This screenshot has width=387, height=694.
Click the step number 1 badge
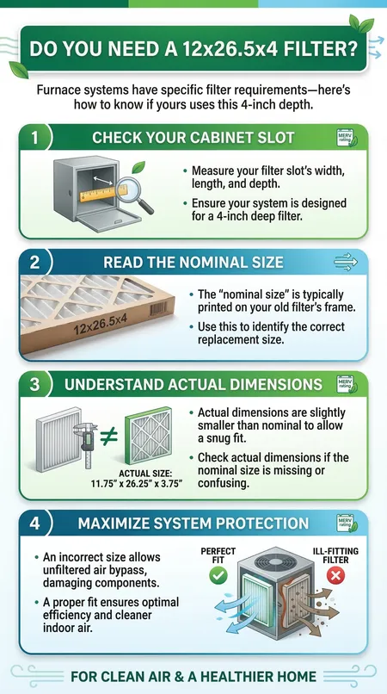point(34,138)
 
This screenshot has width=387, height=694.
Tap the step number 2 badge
point(35,262)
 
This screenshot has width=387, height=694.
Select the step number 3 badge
point(35,384)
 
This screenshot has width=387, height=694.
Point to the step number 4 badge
point(35,523)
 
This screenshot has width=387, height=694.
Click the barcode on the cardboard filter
point(158,308)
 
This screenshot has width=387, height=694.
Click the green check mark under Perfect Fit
point(218,575)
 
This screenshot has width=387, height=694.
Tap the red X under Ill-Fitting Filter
point(337,576)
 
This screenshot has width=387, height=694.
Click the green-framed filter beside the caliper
point(148,435)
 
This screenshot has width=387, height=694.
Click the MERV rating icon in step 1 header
point(347,138)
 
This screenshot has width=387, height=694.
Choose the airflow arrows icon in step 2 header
point(346,262)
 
